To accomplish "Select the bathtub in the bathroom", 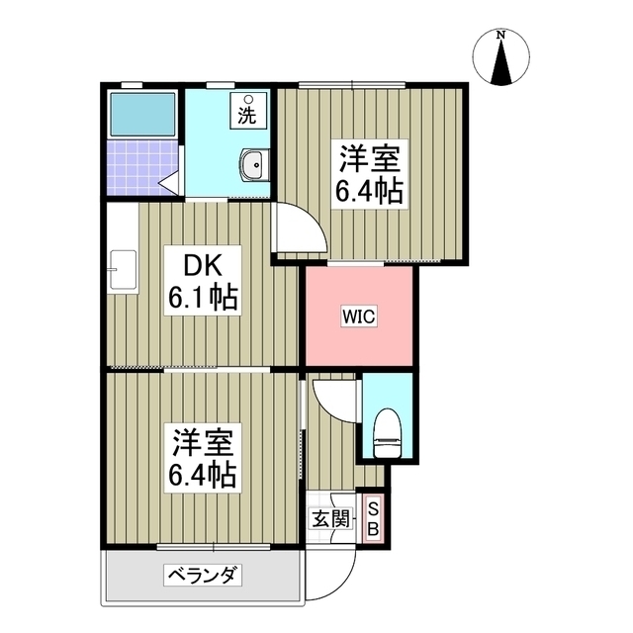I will [141, 116].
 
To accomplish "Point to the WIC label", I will [359, 317].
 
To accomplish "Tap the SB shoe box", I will [373, 518].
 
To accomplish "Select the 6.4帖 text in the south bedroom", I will [201, 475].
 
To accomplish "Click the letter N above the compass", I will [501, 37].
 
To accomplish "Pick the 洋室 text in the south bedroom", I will [201, 441].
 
